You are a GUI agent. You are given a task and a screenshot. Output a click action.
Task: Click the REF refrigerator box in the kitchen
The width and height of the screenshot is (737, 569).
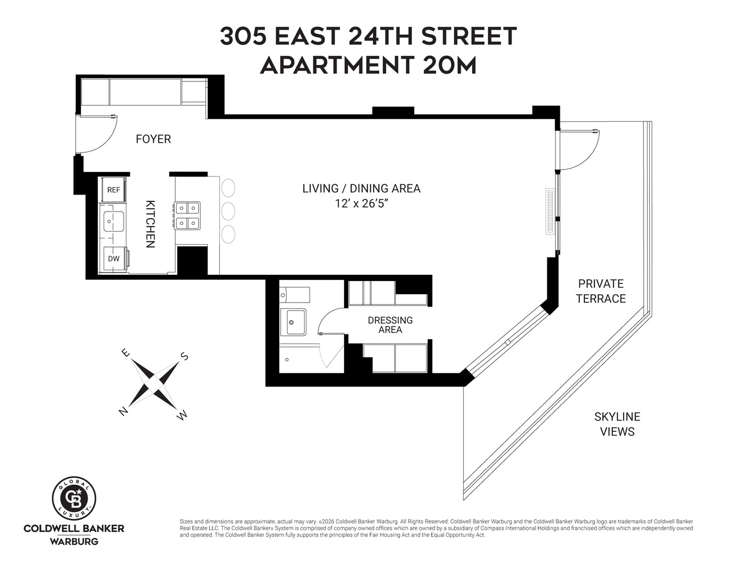113,189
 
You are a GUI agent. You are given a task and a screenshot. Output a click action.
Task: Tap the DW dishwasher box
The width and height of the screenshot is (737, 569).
114,259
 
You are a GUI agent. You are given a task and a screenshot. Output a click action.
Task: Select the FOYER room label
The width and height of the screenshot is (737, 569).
153,139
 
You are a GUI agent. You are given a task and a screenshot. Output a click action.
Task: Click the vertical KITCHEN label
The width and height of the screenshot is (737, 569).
150,224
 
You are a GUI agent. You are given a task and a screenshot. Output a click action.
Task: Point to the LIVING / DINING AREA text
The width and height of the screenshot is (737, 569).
361,188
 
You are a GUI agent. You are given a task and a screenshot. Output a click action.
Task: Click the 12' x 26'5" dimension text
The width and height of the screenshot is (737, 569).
361,203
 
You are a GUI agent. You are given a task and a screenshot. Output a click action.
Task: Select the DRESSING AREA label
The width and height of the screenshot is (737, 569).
390,325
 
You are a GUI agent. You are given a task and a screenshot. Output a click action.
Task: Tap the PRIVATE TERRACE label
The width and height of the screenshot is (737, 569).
600,291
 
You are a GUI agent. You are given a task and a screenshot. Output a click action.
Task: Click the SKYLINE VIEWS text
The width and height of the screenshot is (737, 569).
617,424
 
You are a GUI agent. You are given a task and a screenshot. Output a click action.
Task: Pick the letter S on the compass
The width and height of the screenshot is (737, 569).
184,357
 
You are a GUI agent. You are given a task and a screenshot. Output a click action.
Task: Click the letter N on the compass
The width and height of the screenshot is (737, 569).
122,411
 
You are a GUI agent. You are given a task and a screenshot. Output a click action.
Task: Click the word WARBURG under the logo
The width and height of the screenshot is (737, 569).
74,541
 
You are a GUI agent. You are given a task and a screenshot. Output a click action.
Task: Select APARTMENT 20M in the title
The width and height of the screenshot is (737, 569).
368,65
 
